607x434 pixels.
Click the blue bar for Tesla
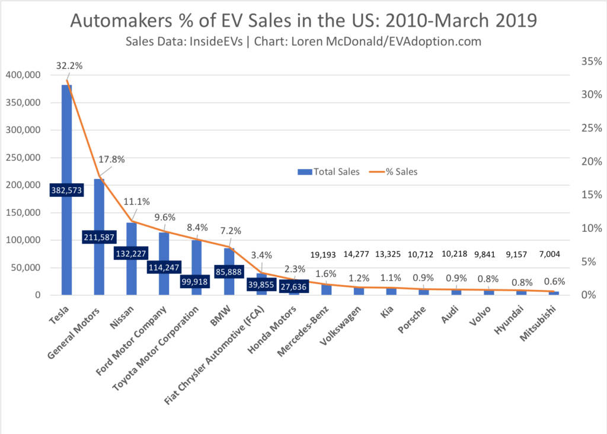(x=66, y=148)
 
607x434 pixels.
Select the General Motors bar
(x=99, y=208)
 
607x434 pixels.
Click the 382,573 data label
(x=66, y=190)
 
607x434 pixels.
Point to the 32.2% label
(x=70, y=66)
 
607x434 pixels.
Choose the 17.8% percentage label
(x=111, y=159)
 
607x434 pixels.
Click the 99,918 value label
(x=196, y=281)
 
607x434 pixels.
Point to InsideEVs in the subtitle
(x=222, y=42)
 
